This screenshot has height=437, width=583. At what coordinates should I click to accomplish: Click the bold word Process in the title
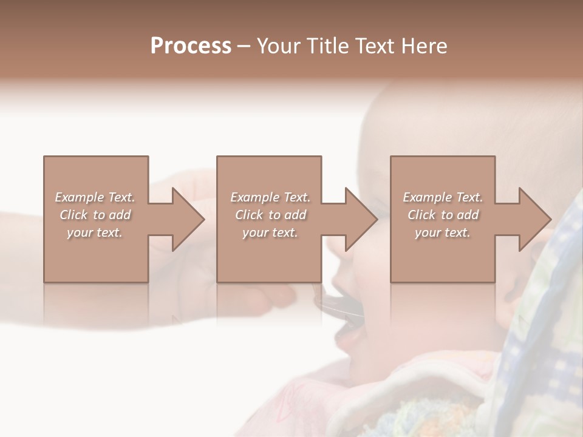coord(191,46)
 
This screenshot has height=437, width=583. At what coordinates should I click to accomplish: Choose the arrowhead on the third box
coord(534,219)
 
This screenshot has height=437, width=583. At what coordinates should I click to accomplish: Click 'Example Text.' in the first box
coord(95,197)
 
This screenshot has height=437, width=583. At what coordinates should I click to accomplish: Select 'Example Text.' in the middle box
coord(270,197)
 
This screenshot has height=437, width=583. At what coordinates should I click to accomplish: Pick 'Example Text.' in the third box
coord(443,197)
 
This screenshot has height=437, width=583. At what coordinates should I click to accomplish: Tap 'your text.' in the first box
coord(95,232)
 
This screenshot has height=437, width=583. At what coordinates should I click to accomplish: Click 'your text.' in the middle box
coord(270,232)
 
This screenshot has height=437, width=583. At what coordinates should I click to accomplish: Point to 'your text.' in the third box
coord(443,232)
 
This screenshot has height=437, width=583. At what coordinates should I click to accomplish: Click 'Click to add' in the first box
coord(95,215)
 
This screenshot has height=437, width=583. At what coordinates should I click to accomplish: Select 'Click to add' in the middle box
coord(270,215)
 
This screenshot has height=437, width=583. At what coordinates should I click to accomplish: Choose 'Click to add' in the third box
coord(443,215)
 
